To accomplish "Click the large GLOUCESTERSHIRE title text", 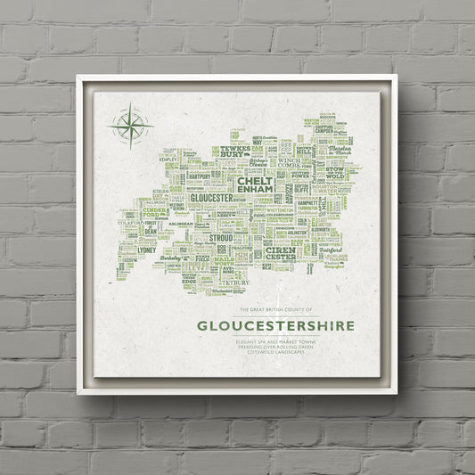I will (275, 323).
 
